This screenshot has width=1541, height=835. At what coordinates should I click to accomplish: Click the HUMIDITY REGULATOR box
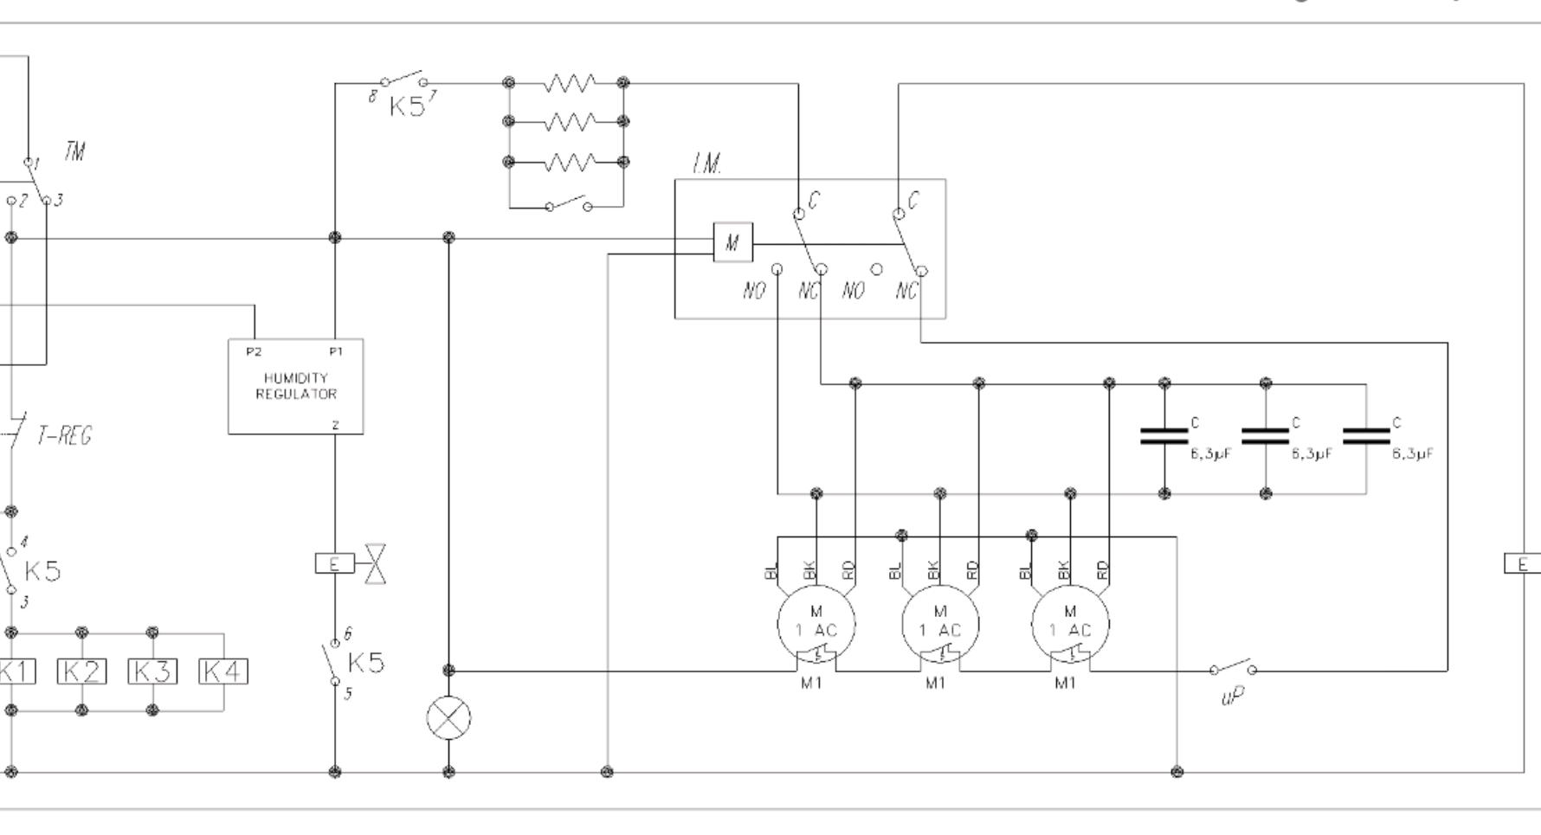tap(295, 386)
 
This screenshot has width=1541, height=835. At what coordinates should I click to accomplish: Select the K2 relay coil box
tap(82, 671)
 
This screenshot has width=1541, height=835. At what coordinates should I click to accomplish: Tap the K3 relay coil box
tap(152, 671)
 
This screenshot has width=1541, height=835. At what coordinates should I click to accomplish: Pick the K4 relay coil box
tap(222, 671)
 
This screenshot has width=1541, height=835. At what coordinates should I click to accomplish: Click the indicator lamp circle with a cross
tap(448, 717)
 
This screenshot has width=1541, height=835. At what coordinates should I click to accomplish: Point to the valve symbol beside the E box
tap(376, 564)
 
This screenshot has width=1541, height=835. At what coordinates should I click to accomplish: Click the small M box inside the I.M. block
tap(732, 242)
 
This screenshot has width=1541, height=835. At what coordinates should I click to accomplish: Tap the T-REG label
tap(63, 435)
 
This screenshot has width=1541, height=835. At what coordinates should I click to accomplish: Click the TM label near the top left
tap(74, 152)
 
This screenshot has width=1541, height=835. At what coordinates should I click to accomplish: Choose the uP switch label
tap(1233, 696)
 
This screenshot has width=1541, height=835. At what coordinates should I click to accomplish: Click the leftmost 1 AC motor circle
tap(816, 623)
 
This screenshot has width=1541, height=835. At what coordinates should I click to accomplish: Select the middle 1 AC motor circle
tap(940, 623)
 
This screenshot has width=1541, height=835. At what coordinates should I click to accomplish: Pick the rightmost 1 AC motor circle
tap(1070, 623)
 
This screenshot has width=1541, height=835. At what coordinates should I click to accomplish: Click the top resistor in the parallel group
tap(569, 83)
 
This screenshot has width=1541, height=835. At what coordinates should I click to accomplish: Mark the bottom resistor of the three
tap(569, 162)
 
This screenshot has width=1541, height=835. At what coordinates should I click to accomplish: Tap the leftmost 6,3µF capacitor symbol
tap(1164, 436)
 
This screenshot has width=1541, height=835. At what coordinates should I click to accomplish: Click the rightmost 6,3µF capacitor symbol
tap(1366, 436)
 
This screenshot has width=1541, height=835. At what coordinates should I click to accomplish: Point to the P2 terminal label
tap(254, 351)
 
